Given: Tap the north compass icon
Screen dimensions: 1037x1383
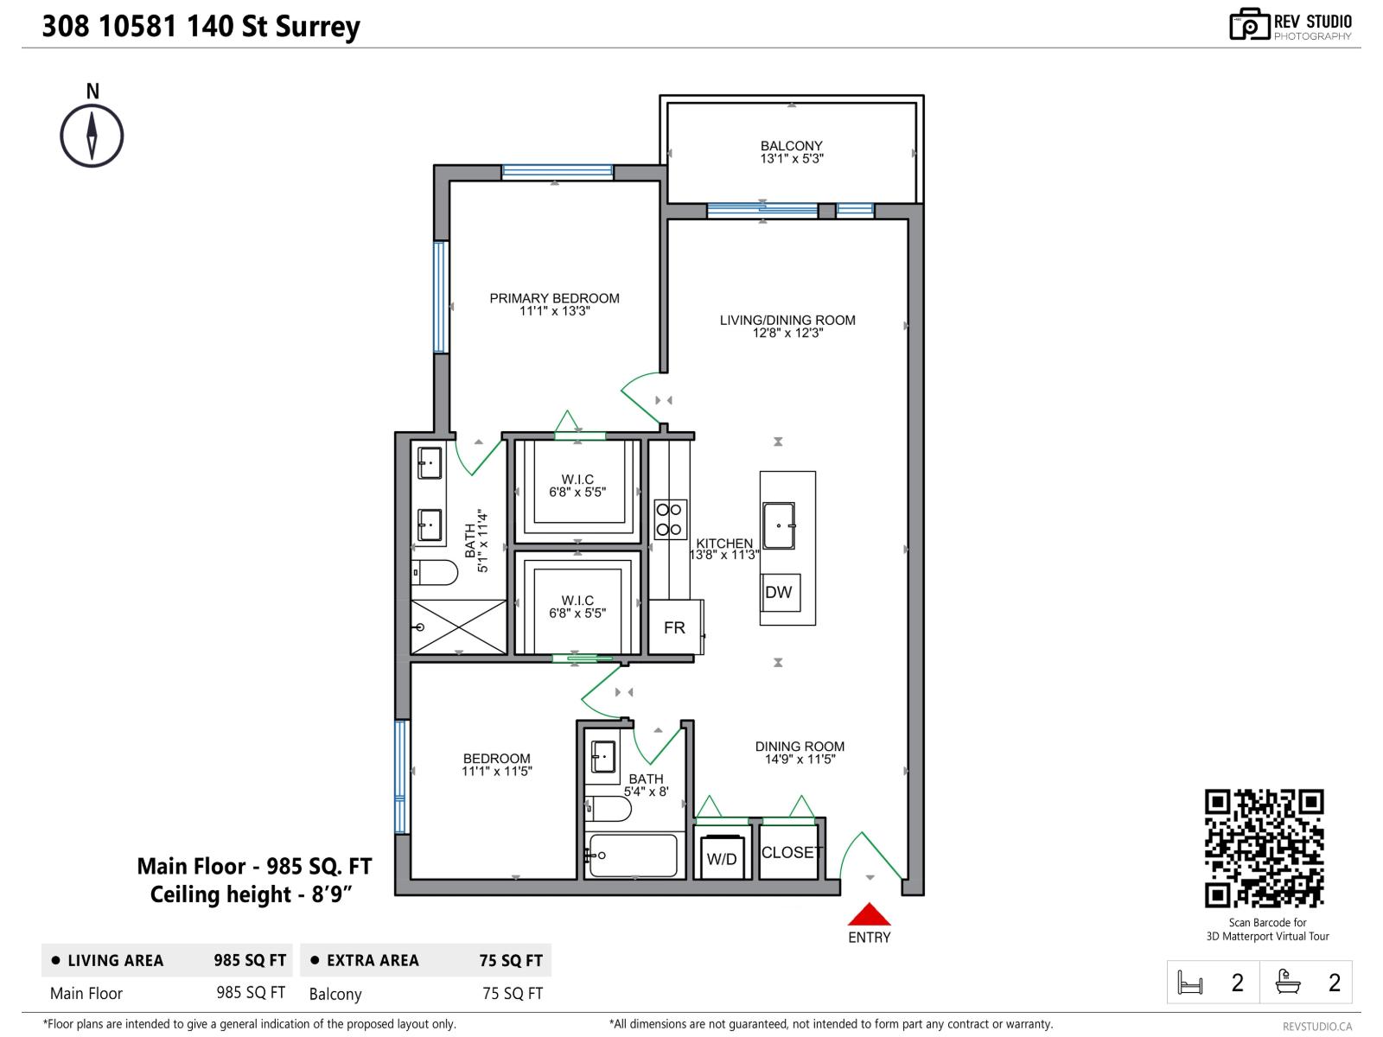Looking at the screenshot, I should pyautogui.click(x=92, y=136).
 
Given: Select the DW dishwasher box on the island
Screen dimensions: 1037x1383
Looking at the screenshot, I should pyautogui.click(x=779, y=592).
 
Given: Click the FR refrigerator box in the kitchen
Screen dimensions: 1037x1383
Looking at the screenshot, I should pyautogui.click(x=674, y=627).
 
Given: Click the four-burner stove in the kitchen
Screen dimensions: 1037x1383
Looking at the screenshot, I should pyautogui.click(x=670, y=519).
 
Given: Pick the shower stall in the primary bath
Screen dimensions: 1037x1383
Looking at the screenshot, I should pyautogui.click(x=458, y=627).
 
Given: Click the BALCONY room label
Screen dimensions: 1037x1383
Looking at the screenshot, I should pyautogui.click(x=791, y=146).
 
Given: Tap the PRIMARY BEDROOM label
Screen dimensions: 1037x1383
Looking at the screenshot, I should pyautogui.click(x=554, y=298).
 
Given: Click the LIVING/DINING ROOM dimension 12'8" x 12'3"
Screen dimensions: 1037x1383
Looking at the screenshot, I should pyautogui.click(x=787, y=333).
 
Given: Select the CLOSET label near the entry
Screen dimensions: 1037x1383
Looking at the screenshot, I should pyautogui.click(x=791, y=852).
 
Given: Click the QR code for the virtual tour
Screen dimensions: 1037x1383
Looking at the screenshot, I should pyautogui.click(x=1265, y=848).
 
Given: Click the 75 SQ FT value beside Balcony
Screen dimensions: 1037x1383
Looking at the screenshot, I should pyautogui.click(x=513, y=994).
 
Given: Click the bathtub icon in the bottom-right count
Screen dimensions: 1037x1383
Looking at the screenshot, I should pyautogui.click(x=1288, y=982).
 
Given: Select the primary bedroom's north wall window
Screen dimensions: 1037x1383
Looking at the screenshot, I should pyautogui.click(x=558, y=171).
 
